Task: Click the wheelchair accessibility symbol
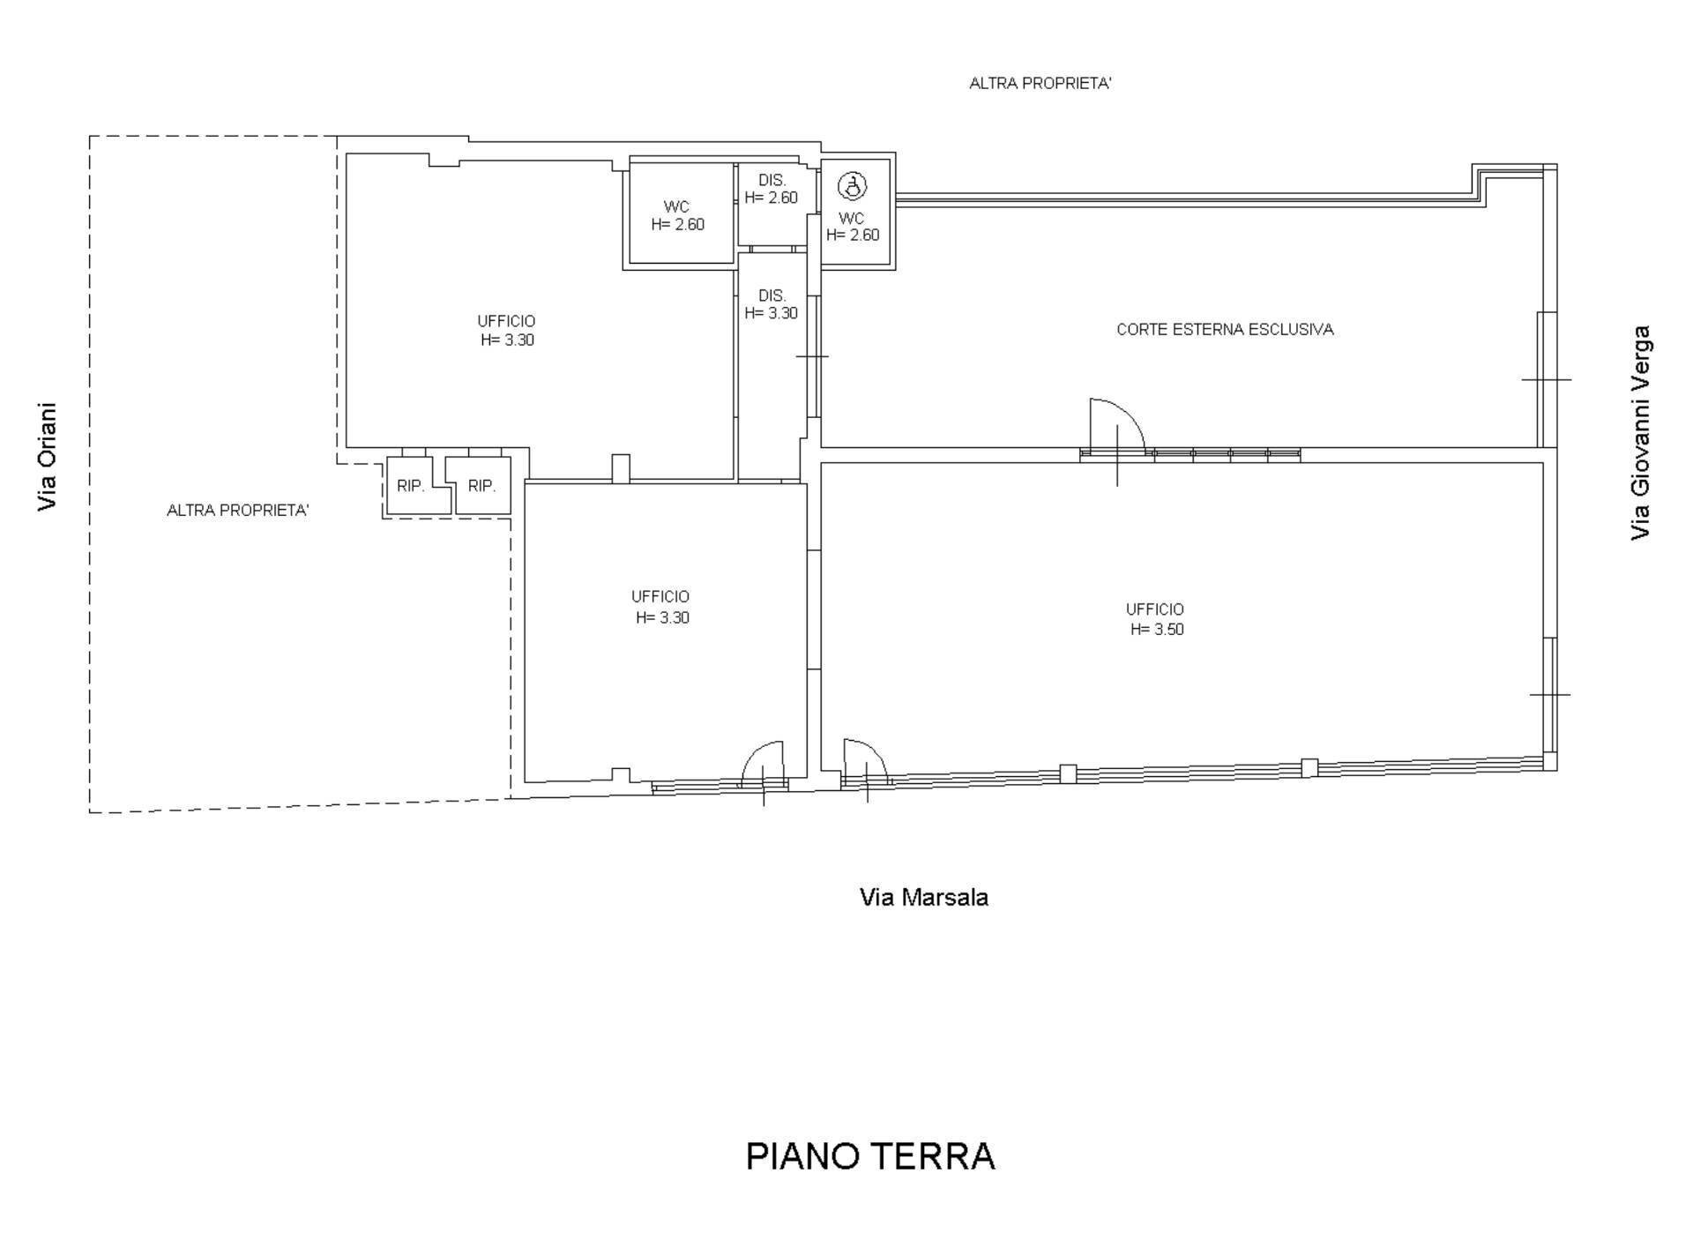pyautogui.click(x=852, y=186)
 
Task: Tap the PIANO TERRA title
pyautogui.click(x=870, y=1156)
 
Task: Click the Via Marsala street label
pyautogui.click(x=923, y=898)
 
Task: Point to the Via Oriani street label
pyautogui.click(x=48, y=457)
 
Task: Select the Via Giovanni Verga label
pyautogui.click(x=1640, y=432)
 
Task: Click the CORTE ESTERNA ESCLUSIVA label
pyautogui.click(x=1225, y=330)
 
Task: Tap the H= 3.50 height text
pyautogui.click(x=1157, y=630)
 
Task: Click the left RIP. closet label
pyautogui.click(x=411, y=486)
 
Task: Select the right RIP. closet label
pyautogui.click(x=481, y=486)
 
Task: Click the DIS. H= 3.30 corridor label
pyautogui.click(x=772, y=304)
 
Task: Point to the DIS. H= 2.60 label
pyautogui.click(x=772, y=189)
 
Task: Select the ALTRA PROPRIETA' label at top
pyautogui.click(x=1040, y=84)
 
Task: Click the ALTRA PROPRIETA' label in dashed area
pyautogui.click(x=237, y=511)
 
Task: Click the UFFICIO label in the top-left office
pyautogui.click(x=506, y=321)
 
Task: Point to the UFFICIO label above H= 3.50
pyautogui.click(x=1154, y=609)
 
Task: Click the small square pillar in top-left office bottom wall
pyautogui.click(x=621, y=467)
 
